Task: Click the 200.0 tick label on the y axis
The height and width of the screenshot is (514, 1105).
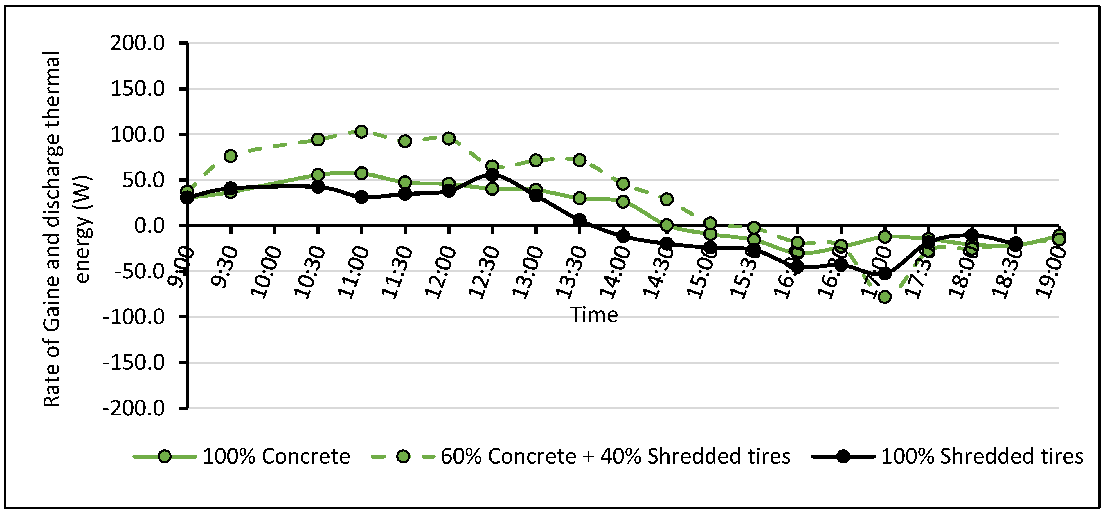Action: [137, 43]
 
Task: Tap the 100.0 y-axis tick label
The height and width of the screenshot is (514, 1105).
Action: [137, 135]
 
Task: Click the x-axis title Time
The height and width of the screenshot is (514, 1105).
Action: [594, 315]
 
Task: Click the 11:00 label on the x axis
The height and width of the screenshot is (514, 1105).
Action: [354, 272]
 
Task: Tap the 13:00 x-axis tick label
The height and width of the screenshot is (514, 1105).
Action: [528, 272]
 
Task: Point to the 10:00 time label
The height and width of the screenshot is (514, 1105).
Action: [267, 272]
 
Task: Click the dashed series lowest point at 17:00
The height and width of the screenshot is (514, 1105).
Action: [885, 297]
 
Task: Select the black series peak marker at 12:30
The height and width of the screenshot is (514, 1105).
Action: [492, 175]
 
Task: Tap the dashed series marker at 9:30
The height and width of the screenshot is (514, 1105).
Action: [231, 156]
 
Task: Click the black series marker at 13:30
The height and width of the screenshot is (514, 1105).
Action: [580, 220]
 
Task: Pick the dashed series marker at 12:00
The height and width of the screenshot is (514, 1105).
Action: [449, 138]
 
